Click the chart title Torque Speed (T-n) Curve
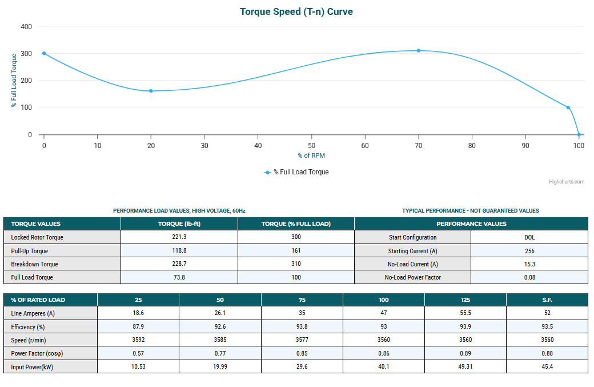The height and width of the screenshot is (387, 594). coord(296,11)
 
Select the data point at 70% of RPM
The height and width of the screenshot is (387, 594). coord(419,51)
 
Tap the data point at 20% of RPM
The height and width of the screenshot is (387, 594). coord(151,91)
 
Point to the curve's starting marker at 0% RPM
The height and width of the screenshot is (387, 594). coord(44,53)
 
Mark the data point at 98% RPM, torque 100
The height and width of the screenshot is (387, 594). coord(568,107)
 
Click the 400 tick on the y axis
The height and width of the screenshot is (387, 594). coord(26,27)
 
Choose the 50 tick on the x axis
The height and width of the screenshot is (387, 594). coord(312,146)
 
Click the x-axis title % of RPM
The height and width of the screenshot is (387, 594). coord(311,155)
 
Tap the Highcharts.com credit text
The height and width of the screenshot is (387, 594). coord(567,182)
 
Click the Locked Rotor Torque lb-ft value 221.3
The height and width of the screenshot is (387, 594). coord(179,237)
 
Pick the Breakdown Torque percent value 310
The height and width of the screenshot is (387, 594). coord(296,264)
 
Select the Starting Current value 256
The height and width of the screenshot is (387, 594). coord(529,251)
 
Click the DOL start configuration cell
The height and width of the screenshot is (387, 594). coord(529,237)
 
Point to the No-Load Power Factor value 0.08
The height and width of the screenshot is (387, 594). coord(529,277)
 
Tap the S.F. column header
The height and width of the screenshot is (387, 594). coord(547,300)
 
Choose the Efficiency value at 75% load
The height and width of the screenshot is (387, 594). coord(302,326)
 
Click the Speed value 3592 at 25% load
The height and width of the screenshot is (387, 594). coord(138,340)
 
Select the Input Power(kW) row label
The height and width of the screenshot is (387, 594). coord(32,366)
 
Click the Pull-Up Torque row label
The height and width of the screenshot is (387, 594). coord(30,251)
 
